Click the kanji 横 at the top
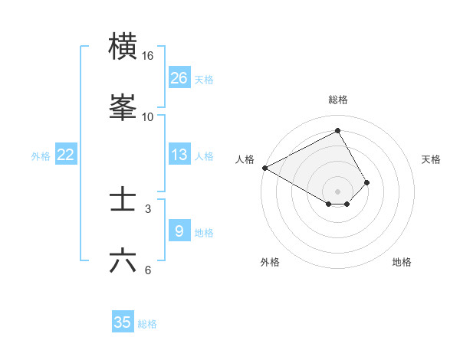tap(123, 47)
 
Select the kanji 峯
tap(123, 107)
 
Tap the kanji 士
tap(123, 200)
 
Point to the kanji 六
tap(123, 260)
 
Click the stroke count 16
tap(148, 56)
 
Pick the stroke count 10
tap(148, 116)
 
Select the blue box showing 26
tap(179, 78)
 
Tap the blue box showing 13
tap(179, 155)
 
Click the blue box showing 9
tap(179, 231)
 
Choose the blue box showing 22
tap(66, 155)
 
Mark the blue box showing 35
tap(123, 322)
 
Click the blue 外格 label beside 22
tap(41, 156)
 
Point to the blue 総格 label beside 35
tap(147, 324)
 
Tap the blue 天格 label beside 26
tap(204, 80)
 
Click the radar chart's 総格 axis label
tap(338, 100)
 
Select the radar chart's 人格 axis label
tap(245, 159)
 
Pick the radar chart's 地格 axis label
tap(402, 262)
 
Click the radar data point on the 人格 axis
tap(264, 168)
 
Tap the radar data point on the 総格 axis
tap(338, 131)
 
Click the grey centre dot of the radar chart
tap(338, 191)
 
